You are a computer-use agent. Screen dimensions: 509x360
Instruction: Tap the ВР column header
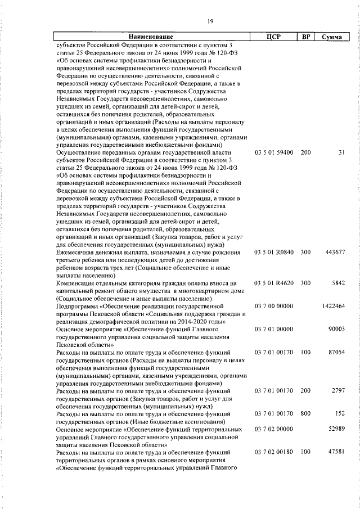coord(306,37)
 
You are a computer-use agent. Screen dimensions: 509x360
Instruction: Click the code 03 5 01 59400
coord(273,152)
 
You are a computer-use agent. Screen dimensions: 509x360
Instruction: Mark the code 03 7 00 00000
coord(273,305)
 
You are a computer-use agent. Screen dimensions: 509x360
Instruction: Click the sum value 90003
coord(337,328)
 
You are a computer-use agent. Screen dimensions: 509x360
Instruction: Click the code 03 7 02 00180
coord(273,451)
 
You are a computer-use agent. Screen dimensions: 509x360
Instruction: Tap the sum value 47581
coord(337,451)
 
